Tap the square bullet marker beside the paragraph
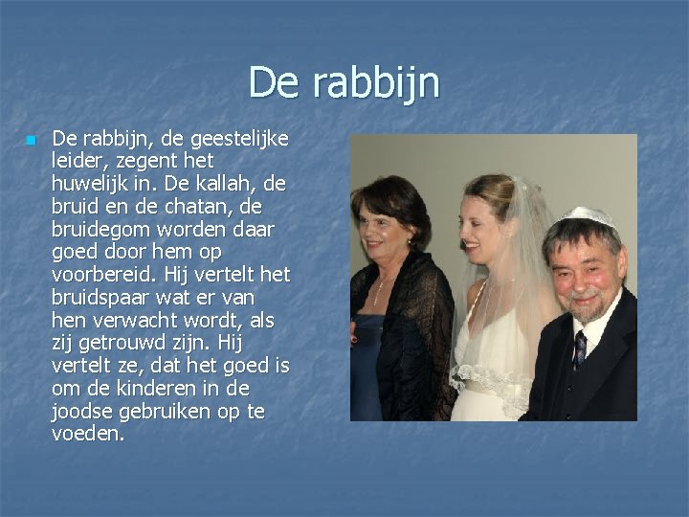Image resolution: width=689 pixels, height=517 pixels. click(32, 141)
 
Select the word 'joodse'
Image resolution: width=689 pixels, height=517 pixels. click(84, 411)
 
